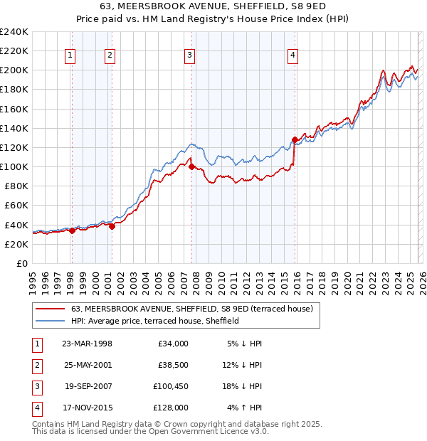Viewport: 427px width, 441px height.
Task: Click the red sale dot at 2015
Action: coord(295,139)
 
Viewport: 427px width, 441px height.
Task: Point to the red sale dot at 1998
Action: coord(72,230)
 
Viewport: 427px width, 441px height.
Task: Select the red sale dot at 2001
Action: coord(112,226)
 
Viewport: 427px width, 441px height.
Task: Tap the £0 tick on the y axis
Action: coord(21,263)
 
